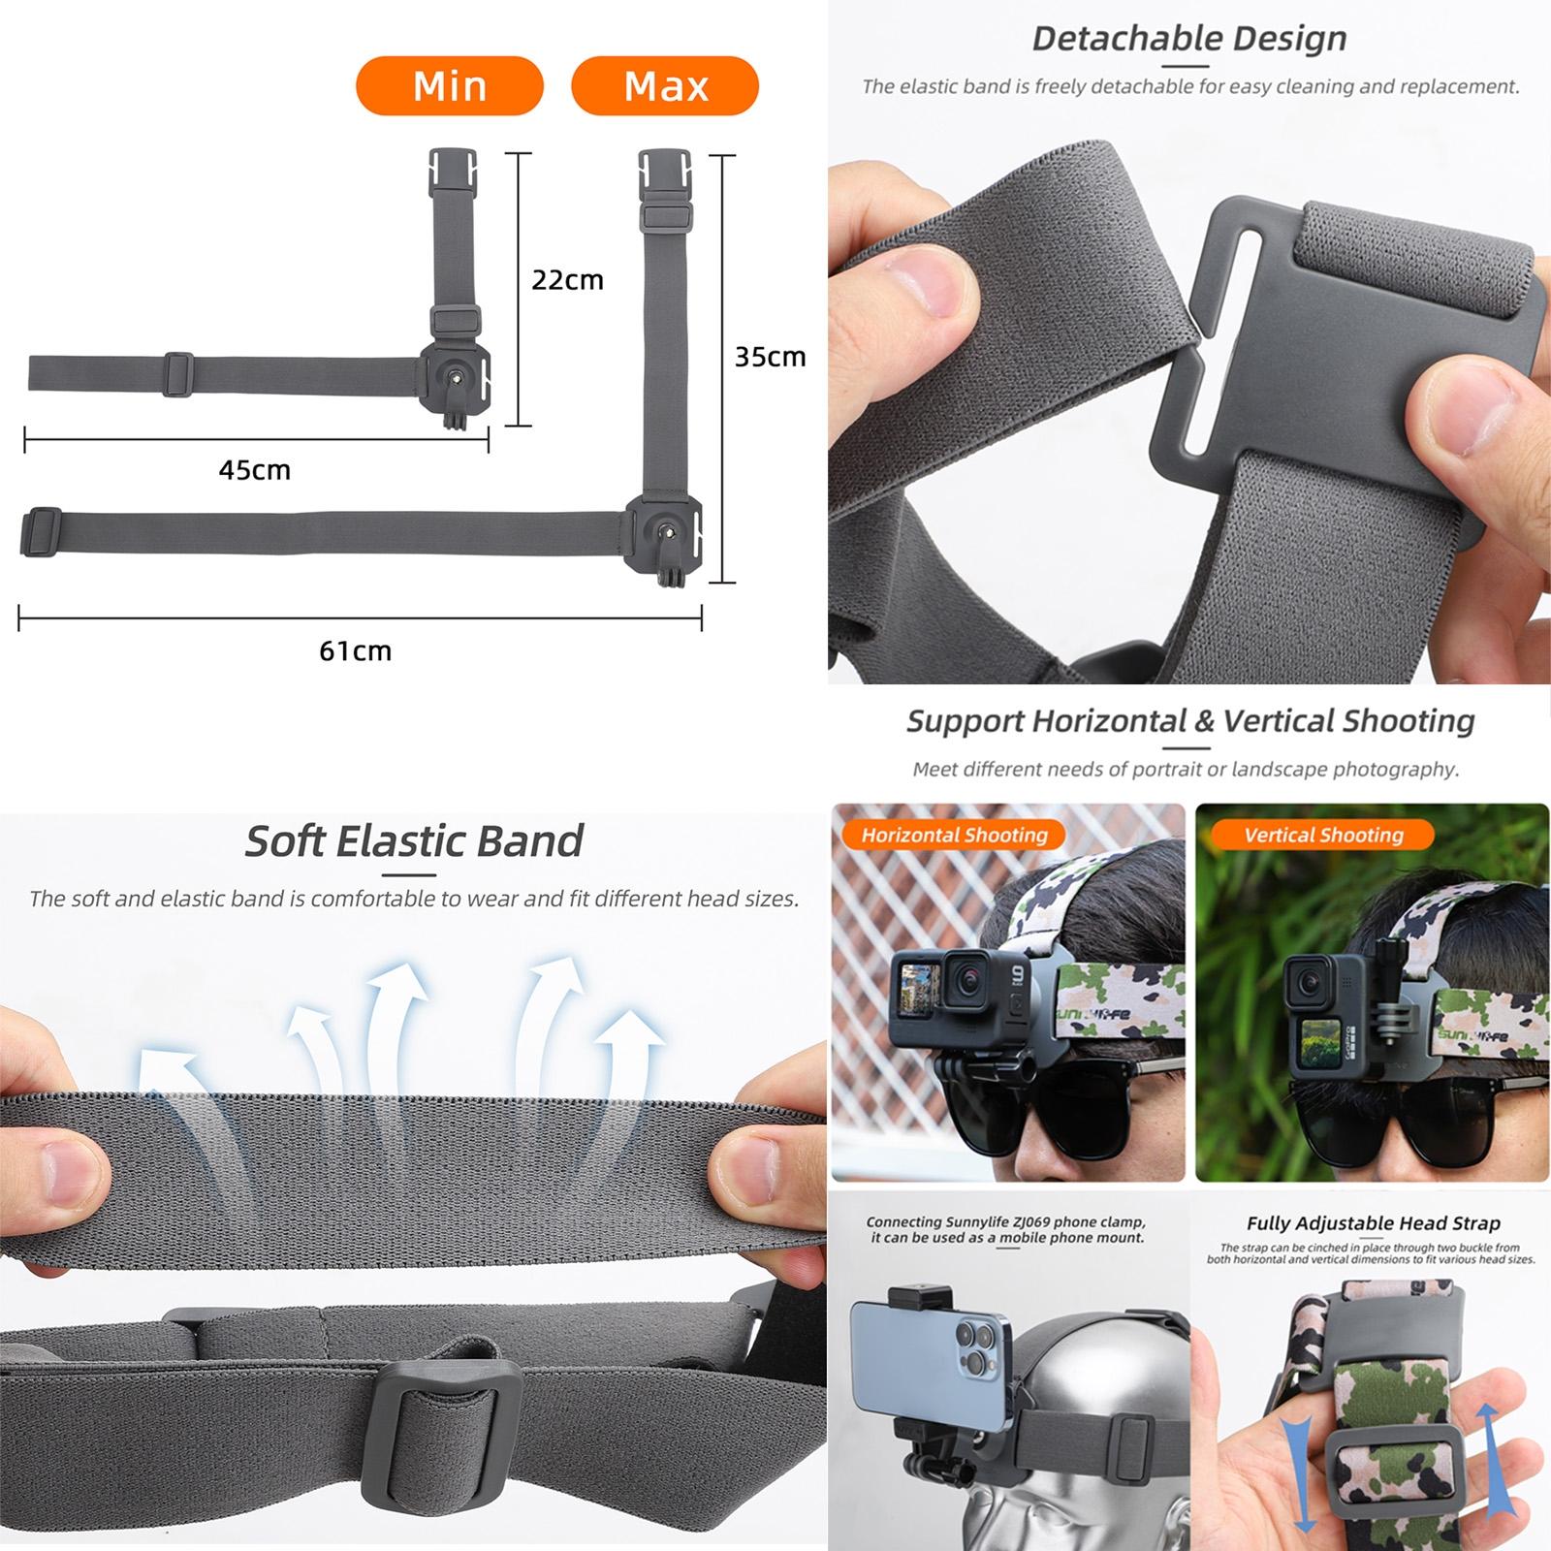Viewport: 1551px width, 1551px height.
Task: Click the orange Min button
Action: [450, 86]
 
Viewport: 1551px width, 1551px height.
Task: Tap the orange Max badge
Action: [665, 86]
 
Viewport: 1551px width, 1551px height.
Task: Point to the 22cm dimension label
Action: [567, 280]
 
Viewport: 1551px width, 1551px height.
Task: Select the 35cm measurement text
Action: [770, 357]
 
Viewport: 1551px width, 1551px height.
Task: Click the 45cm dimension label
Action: [254, 470]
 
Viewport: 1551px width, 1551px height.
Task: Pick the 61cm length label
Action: [355, 650]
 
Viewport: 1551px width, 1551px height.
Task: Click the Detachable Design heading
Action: [1189, 39]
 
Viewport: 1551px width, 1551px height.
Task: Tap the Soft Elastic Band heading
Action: [414, 840]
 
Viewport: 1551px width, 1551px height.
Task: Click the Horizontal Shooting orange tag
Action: [954, 835]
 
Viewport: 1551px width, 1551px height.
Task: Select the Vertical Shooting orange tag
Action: [1323, 835]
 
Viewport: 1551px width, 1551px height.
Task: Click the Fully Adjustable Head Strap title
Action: [1373, 1223]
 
